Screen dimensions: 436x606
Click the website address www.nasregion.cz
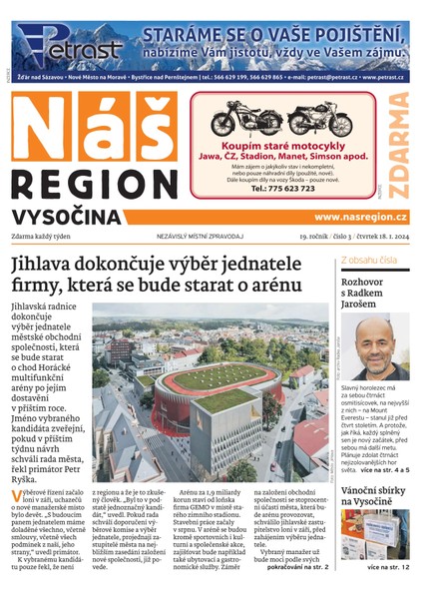pyautogui.click(x=360, y=217)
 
